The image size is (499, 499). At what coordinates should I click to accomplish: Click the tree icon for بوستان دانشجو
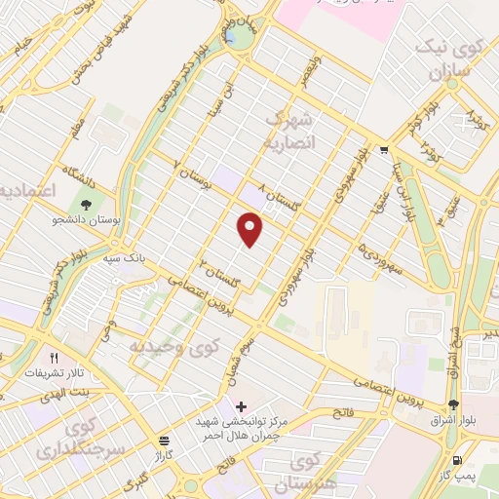coord(87,206)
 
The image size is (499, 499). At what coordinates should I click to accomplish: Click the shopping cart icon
coord(383,149)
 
